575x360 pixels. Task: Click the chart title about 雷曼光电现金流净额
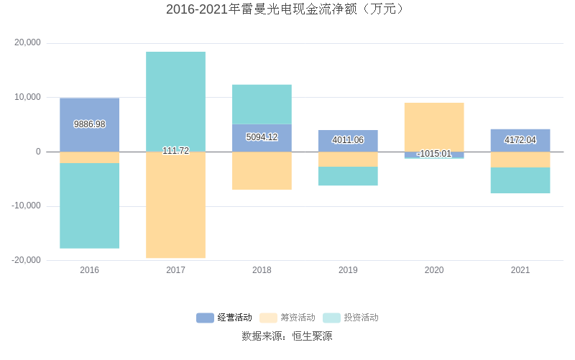(x=287, y=9)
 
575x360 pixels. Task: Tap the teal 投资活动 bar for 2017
(x=175, y=101)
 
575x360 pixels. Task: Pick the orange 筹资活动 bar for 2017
(x=175, y=205)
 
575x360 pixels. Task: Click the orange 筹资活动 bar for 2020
(x=434, y=127)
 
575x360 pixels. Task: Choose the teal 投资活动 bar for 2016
(x=89, y=206)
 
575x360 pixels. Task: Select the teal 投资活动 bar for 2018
(x=262, y=104)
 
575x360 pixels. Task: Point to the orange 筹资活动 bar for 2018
(x=262, y=171)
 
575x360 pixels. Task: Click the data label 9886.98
(x=89, y=124)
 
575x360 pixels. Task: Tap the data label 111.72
(x=175, y=151)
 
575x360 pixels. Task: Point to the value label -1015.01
(x=434, y=154)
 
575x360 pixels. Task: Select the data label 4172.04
(x=520, y=140)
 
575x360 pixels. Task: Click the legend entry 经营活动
(x=224, y=318)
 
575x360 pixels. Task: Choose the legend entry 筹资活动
(x=287, y=318)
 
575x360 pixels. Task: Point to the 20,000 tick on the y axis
(x=28, y=43)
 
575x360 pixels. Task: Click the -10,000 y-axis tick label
(x=26, y=206)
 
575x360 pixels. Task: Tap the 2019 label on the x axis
(x=348, y=270)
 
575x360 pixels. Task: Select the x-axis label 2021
(x=520, y=270)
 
